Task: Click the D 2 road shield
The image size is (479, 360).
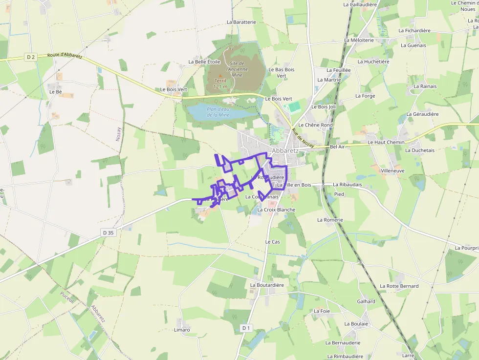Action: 31,57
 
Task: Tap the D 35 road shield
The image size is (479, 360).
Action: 108,233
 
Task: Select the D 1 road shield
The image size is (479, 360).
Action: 246,328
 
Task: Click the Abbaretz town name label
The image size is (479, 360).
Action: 286,151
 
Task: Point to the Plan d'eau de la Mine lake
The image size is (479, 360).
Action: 218,112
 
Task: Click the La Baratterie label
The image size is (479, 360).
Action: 241,22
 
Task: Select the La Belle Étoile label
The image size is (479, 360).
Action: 204,62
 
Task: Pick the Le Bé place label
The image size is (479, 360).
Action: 55,91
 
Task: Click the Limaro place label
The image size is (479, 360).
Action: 182,330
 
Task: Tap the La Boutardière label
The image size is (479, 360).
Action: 267,285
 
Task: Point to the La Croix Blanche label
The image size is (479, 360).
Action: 276,210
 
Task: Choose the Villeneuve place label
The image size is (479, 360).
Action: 392,171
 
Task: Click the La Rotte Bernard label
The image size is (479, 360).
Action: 399,286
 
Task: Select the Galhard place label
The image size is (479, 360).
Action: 366,301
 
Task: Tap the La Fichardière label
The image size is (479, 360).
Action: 414,30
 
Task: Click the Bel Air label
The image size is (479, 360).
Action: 337,146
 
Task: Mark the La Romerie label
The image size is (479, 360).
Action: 330,220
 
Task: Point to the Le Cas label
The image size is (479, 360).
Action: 272,242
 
